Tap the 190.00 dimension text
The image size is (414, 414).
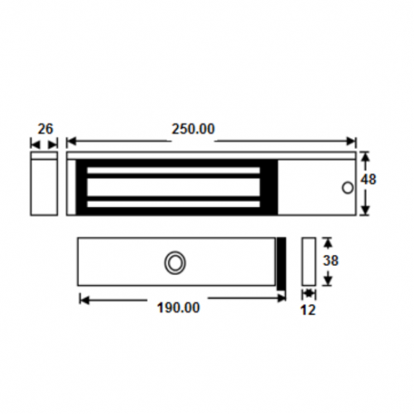178,307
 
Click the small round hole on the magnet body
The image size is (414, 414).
346,188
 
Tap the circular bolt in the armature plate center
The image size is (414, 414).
175,262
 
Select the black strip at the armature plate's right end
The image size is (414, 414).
282,262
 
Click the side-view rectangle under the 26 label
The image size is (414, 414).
44,183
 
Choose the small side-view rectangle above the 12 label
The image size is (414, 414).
310,262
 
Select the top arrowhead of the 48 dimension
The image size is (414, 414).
364,155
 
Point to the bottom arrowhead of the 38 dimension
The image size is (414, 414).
327,282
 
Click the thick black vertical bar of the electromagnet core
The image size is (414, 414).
81,183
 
